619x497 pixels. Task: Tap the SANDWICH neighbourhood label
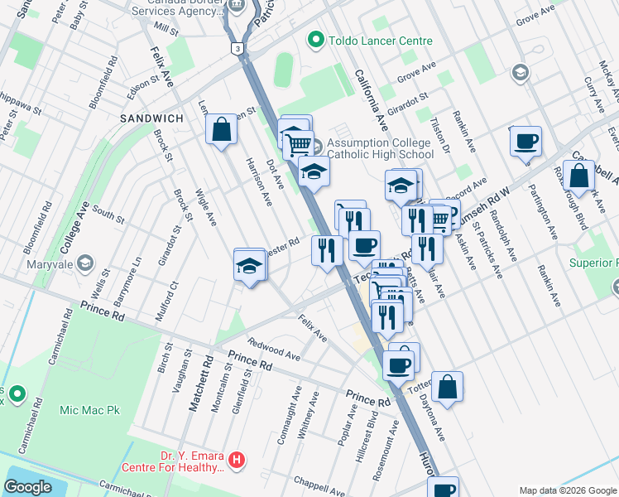coord(151,118)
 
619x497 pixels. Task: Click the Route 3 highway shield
coord(238,50)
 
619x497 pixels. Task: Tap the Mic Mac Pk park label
coord(89,409)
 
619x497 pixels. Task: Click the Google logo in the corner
coord(28,487)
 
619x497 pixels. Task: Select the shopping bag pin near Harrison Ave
coord(221,129)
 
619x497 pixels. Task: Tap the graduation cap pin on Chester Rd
coord(249,266)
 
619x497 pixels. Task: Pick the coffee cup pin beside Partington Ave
coord(525,142)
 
